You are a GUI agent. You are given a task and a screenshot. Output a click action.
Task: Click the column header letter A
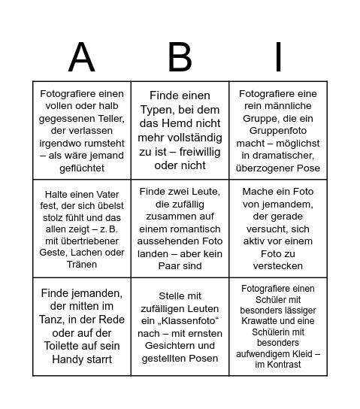point(81,56)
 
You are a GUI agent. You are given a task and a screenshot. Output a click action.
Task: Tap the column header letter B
point(180,56)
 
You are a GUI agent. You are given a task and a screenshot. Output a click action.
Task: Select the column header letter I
point(278,56)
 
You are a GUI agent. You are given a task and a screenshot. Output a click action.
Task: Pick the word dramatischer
point(278,155)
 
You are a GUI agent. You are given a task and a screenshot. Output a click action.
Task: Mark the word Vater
point(99,194)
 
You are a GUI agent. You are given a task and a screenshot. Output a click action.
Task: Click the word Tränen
point(82,265)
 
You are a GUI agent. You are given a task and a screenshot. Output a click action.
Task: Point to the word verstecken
point(278,265)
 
